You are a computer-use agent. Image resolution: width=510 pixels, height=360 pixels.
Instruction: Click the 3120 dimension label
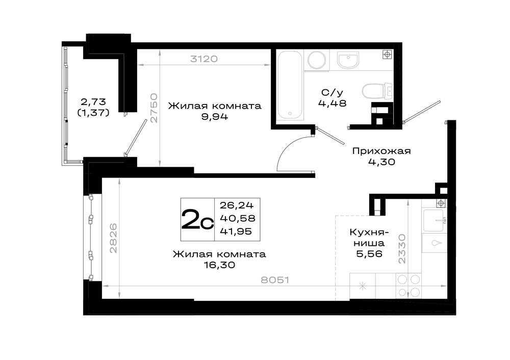click(204, 59)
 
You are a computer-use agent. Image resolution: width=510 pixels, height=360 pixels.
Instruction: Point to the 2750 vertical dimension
click(154, 108)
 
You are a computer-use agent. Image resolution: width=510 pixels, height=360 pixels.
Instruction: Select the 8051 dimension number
click(275, 279)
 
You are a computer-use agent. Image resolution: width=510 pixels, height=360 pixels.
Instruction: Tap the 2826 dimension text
click(113, 238)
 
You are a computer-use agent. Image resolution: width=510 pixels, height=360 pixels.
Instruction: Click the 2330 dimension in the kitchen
click(402, 249)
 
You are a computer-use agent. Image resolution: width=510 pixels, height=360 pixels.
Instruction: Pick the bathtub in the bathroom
click(290, 86)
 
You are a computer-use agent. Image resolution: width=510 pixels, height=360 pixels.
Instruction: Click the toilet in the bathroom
click(377, 91)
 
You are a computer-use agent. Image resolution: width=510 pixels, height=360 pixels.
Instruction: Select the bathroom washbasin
click(348, 60)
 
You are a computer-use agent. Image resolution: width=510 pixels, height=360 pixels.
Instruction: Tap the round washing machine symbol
click(317, 60)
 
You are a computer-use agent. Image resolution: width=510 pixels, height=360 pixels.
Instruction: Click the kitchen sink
click(433, 220)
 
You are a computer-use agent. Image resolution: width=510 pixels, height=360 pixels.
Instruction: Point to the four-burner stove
click(409, 286)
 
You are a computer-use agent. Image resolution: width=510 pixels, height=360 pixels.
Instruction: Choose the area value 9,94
click(215, 116)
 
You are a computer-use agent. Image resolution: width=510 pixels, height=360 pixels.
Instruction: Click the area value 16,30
click(219, 265)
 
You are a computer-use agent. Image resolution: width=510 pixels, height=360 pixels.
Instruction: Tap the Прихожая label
click(381, 151)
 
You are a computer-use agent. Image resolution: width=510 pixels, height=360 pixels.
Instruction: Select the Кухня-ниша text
click(369, 238)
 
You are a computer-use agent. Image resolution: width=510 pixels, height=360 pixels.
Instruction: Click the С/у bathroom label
click(332, 93)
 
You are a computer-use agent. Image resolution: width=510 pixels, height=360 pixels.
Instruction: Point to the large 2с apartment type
click(197, 219)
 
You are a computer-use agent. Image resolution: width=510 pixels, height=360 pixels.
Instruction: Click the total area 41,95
click(236, 231)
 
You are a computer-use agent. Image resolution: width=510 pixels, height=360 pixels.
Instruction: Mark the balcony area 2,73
click(93, 102)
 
